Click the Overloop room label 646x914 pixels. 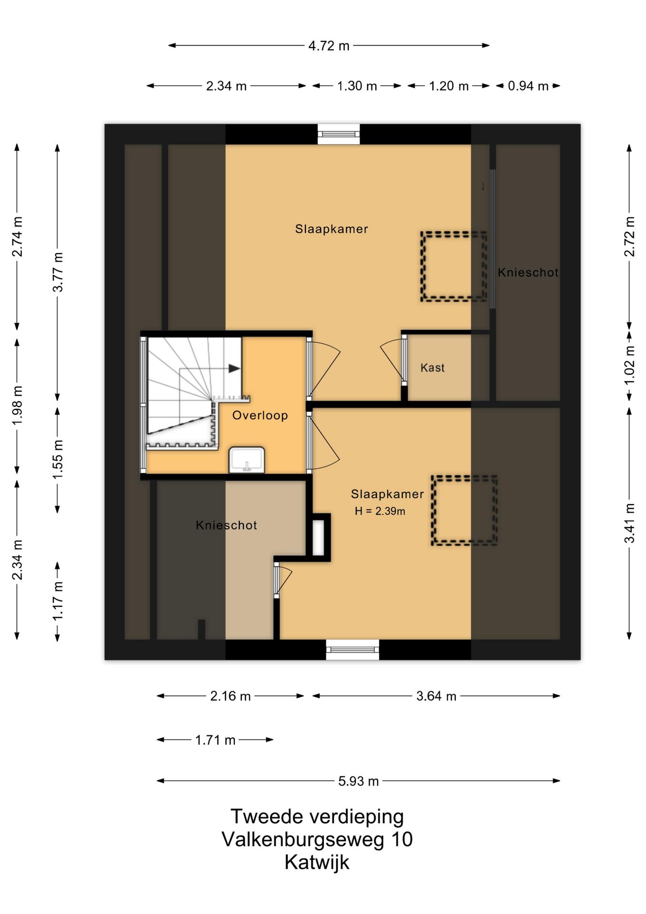pos(260,415)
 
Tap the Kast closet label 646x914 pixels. pos(432,368)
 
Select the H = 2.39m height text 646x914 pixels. pos(380,511)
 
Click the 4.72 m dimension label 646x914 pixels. pos(329,46)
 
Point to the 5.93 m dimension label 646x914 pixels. pos(359,781)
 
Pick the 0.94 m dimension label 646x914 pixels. pos(528,86)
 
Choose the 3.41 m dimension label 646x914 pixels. pos(630,523)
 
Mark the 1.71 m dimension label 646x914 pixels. pos(215,740)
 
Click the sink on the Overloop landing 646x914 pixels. pos(246,460)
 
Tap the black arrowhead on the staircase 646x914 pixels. pos(234,368)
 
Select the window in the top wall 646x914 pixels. pos(339,134)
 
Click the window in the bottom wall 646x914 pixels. pos(352,650)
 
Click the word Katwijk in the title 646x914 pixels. pos(317,863)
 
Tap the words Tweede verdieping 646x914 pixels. pos(317,817)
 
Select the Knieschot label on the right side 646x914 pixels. pos(528,272)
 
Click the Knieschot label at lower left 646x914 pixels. pos(226,525)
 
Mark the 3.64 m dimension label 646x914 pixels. pos(436,696)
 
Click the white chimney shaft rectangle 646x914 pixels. pos(318,538)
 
